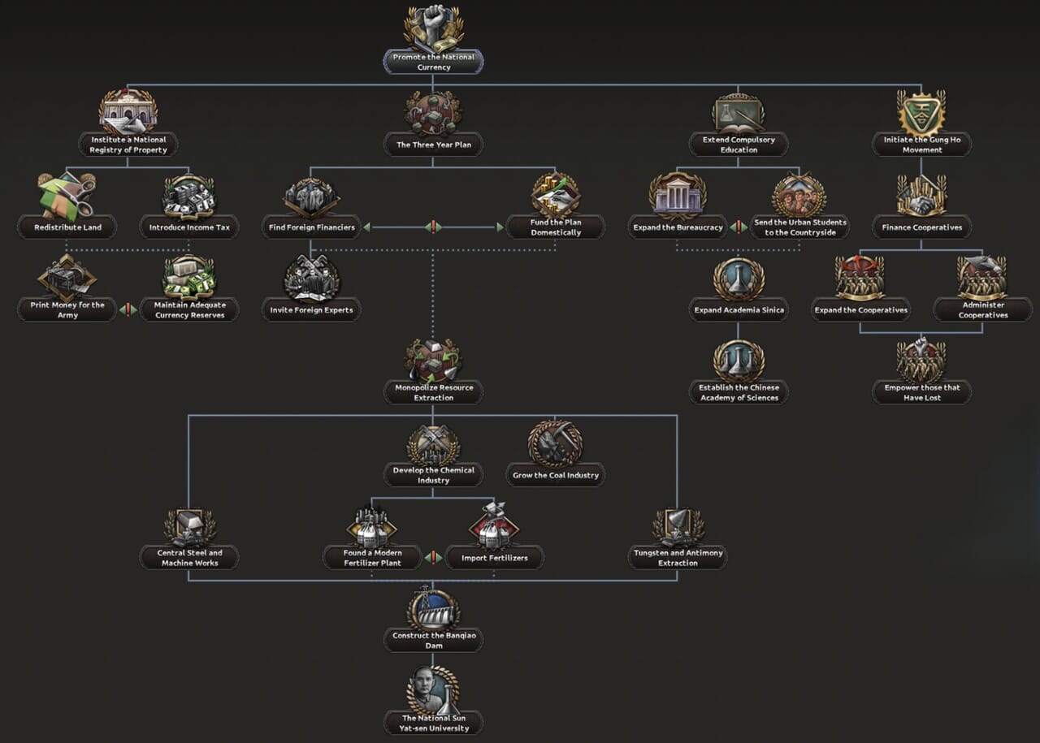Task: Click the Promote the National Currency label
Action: point(433,63)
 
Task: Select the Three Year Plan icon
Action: point(433,113)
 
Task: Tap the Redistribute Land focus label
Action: point(67,227)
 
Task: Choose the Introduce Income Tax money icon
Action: point(189,196)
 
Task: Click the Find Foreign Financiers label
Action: point(312,227)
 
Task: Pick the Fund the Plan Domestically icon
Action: point(556,196)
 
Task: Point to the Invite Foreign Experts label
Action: point(311,310)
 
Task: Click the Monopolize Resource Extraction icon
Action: point(433,361)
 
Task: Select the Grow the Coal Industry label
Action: point(556,475)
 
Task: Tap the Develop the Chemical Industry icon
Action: point(433,443)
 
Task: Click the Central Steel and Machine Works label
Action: point(188,558)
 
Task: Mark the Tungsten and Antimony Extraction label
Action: point(678,558)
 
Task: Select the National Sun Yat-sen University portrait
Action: point(432,691)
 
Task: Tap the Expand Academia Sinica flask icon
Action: point(739,279)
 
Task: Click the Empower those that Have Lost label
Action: point(921,392)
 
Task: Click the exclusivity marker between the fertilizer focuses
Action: point(433,558)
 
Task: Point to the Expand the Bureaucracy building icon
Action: point(678,196)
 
